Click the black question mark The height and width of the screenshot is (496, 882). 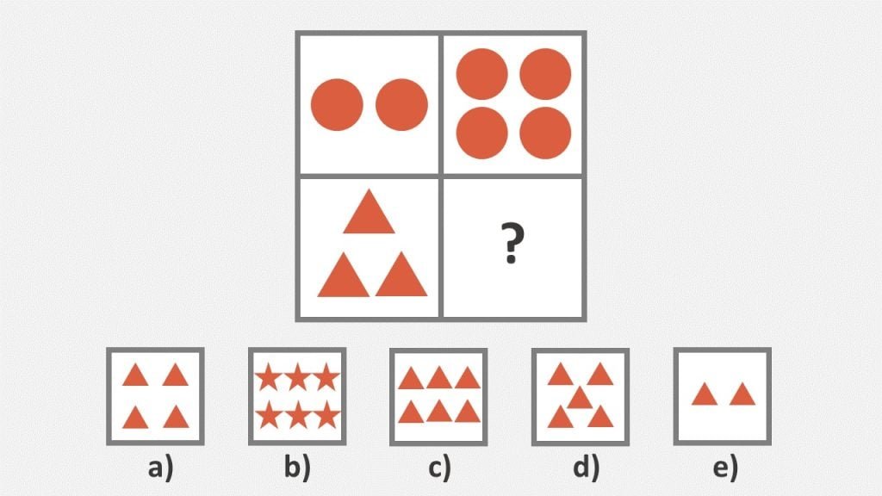click(x=512, y=243)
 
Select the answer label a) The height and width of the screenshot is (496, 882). click(x=161, y=468)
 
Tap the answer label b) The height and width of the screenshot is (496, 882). click(x=297, y=467)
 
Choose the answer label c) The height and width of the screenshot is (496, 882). click(x=439, y=468)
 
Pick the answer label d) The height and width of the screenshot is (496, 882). click(x=586, y=467)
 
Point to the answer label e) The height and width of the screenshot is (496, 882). click(x=725, y=468)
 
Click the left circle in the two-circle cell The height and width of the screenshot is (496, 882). click(x=337, y=104)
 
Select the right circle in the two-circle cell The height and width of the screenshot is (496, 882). click(x=401, y=104)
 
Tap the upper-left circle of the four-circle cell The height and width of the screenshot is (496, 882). click(x=482, y=74)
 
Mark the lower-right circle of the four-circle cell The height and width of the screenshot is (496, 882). click(x=545, y=133)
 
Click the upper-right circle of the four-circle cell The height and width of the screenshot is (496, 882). click(x=545, y=74)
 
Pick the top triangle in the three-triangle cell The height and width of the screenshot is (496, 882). click(x=369, y=212)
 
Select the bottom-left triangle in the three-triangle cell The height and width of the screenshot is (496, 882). click(x=343, y=275)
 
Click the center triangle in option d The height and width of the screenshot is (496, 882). click(x=580, y=398)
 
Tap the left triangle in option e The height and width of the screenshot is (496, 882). click(x=705, y=394)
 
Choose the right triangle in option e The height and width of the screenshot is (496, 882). click(x=742, y=394)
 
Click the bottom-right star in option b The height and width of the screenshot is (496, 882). click(x=326, y=416)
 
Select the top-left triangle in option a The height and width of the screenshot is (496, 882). click(x=135, y=375)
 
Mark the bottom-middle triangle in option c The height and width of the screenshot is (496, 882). click(x=439, y=412)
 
